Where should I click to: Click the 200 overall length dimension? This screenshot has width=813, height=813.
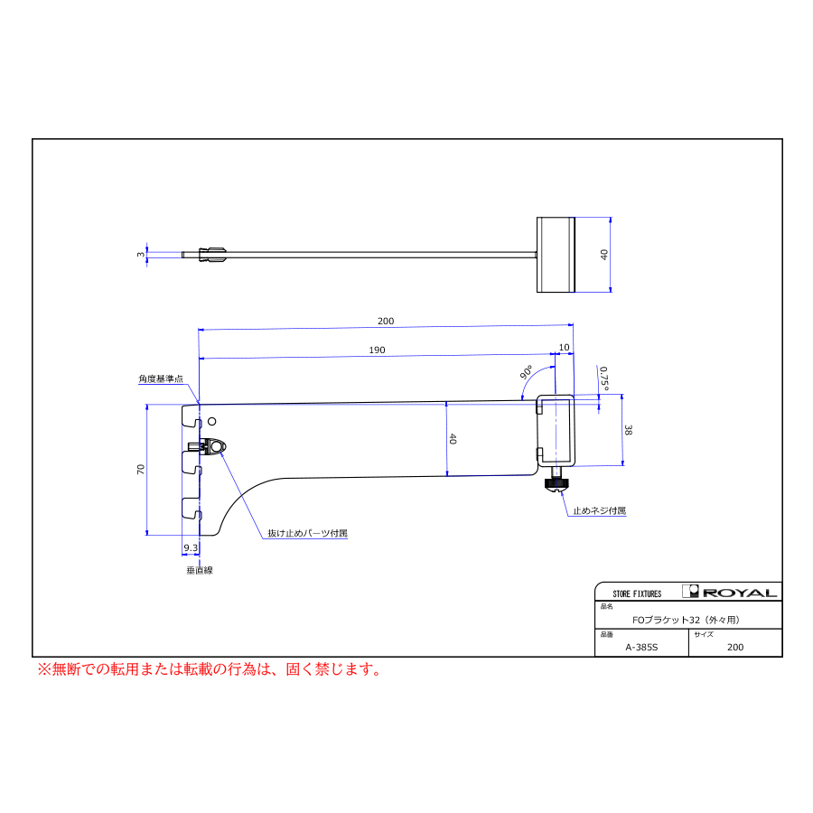pyautogui.click(x=386, y=321)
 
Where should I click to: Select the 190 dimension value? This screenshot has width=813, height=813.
pyautogui.click(x=377, y=350)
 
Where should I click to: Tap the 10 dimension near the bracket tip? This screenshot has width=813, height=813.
pyautogui.click(x=564, y=348)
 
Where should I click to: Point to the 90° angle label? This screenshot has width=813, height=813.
pyautogui.click(x=527, y=372)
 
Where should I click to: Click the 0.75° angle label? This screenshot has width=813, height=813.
pyautogui.click(x=604, y=378)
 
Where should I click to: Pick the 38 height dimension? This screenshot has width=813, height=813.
pyautogui.click(x=628, y=430)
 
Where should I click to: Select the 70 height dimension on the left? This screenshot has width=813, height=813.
pyautogui.click(x=141, y=469)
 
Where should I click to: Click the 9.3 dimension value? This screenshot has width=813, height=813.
pyautogui.click(x=191, y=547)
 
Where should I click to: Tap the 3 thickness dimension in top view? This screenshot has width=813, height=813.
pyautogui.click(x=141, y=255)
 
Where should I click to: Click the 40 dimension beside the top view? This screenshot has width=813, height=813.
pyautogui.click(x=604, y=255)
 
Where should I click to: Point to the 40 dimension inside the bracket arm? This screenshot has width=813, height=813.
pyautogui.click(x=453, y=439)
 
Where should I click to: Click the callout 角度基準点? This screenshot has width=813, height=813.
pyautogui.click(x=161, y=379)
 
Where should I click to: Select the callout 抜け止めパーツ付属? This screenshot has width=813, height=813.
pyautogui.click(x=307, y=533)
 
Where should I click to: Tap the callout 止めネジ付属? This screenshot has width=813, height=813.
pyautogui.click(x=600, y=510)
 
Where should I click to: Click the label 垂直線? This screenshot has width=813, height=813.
pyautogui.click(x=200, y=570)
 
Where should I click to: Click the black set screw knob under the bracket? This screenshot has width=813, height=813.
pyautogui.click(x=557, y=484)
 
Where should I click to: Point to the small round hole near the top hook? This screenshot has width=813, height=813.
pyautogui.click(x=211, y=422)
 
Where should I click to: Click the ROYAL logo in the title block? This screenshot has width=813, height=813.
pyautogui.click(x=730, y=592)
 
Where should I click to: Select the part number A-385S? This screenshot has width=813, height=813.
pyautogui.click(x=641, y=647)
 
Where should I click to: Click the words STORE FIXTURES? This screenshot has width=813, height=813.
pyautogui.click(x=637, y=594)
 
